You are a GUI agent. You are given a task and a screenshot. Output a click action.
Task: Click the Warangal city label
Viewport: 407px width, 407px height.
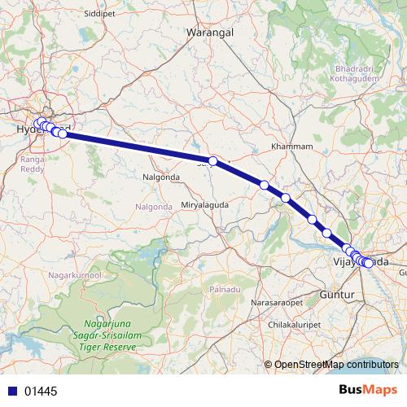[x=210, y=33]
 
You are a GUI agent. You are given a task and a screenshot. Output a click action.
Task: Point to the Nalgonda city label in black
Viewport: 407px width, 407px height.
[x=160, y=176]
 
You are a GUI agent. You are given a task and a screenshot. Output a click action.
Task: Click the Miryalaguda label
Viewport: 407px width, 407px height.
[x=204, y=205]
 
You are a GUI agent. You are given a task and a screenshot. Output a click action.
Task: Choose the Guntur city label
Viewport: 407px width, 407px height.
[x=335, y=293]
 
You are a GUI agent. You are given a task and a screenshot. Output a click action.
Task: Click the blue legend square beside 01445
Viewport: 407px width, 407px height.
[x=12, y=392]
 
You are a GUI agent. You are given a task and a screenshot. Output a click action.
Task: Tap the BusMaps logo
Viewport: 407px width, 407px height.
[x=368, y=391]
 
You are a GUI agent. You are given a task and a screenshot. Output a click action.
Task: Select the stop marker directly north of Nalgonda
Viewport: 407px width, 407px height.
[x=212, y=161]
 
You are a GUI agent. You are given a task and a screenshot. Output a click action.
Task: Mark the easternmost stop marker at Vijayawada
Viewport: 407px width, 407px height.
[x=369, y=263]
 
